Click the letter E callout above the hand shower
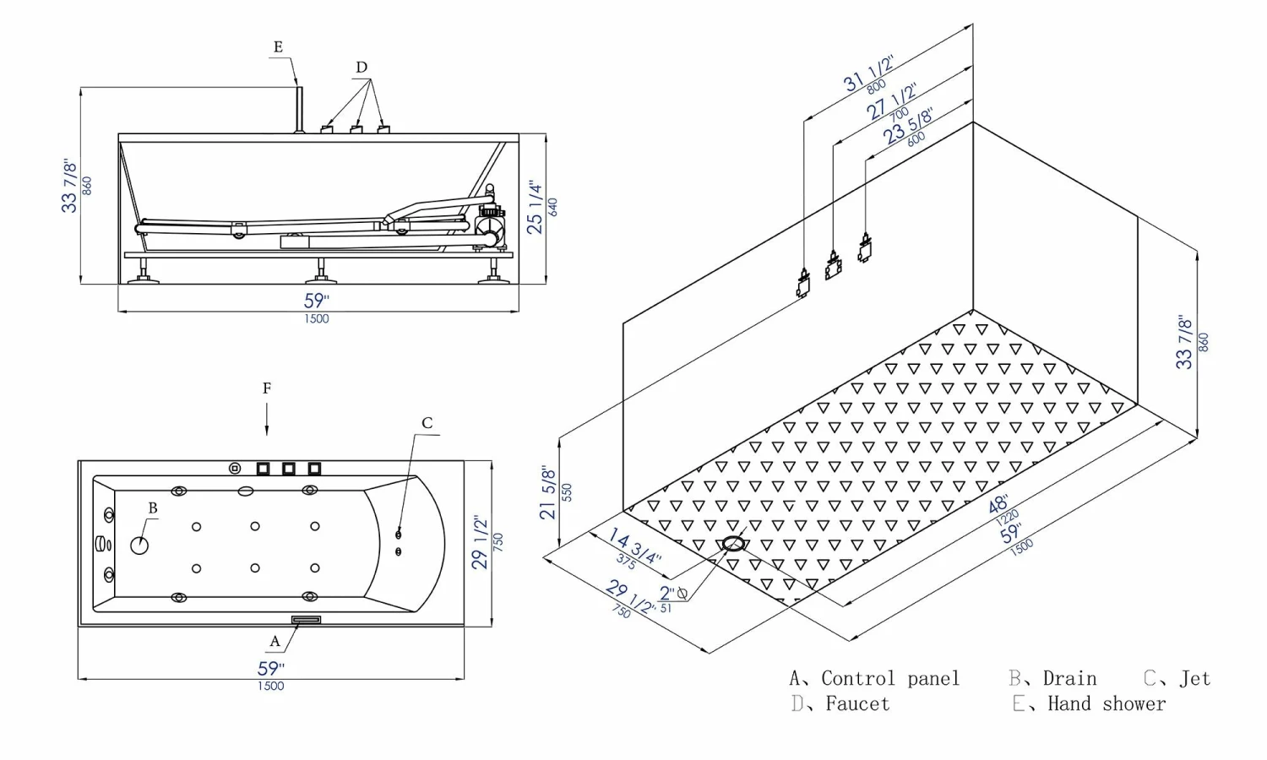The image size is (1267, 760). point(278,47)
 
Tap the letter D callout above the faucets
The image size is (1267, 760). point(362,68)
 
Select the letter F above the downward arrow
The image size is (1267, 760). point(267,388)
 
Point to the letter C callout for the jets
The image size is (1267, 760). point(427,423)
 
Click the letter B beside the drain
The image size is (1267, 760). point(153,508)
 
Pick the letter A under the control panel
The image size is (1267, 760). point(275,642)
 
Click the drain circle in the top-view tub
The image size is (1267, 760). point(139,546)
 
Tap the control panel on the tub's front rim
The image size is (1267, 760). point(306,620)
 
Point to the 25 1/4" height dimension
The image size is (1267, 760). point(535,207)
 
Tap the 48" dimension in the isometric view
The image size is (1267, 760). point(999,504)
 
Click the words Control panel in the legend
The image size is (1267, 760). point(890,679)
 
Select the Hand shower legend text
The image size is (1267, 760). point(1107,704)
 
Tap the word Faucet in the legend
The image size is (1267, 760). point(857,704)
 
